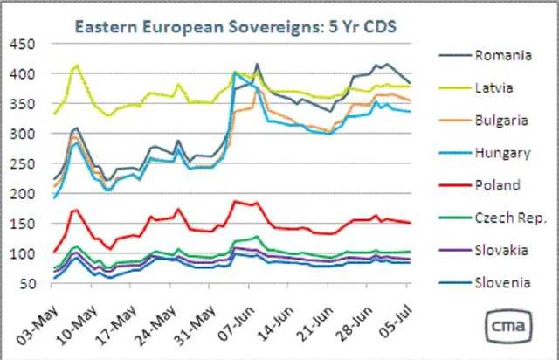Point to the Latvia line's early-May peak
[x=77, y=65]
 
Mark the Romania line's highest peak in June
[x=257, y=64]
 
